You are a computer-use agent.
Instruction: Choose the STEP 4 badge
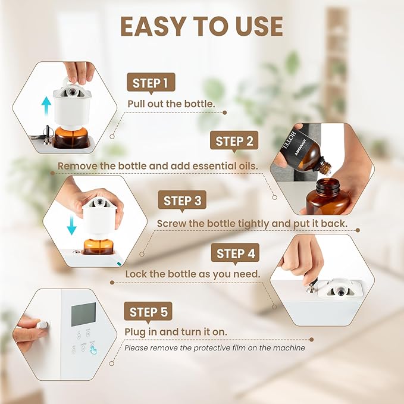(x=236, y=253)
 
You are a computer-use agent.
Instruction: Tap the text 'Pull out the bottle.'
(x=171, y=103)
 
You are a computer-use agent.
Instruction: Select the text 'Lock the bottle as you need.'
(x=192, y=274)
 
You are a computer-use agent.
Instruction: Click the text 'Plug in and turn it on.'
(x=176, y=331)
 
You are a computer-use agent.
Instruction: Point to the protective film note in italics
(x=215, y=347)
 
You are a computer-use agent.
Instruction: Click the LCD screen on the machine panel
(x=83, y=314)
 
